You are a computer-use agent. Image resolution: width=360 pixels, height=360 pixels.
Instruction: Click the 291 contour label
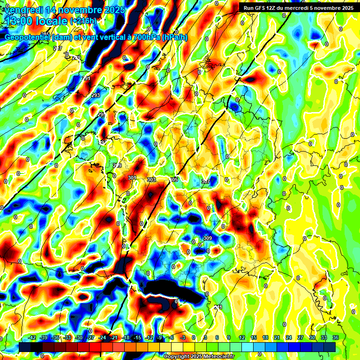(x=86, y=78)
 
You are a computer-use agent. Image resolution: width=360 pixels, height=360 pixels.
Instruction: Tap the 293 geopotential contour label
(x=96, y=95)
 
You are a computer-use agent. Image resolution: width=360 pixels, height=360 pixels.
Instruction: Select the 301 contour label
(x=132, y=178)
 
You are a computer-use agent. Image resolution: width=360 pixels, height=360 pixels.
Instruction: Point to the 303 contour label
(x=151, y=180)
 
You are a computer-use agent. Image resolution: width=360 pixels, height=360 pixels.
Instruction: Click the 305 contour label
(x=173, y=180)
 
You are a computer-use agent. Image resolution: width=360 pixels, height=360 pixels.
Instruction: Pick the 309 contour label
(x=208, y=239)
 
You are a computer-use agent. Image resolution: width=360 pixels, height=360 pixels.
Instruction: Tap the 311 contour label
(x=217, y=307)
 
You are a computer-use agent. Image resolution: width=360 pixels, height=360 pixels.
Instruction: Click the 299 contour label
(x=117, y=165)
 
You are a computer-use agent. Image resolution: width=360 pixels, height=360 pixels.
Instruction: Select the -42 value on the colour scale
(x=32, y=337)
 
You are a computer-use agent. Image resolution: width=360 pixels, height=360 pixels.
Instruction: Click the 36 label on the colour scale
(x=335, y=337)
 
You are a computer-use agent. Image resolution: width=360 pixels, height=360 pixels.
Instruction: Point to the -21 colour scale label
(x=114, y=337)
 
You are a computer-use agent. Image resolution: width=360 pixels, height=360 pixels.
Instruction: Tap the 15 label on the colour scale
(x=254, y=337)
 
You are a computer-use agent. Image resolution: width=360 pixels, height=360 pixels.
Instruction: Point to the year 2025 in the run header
(x=346, y=7)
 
